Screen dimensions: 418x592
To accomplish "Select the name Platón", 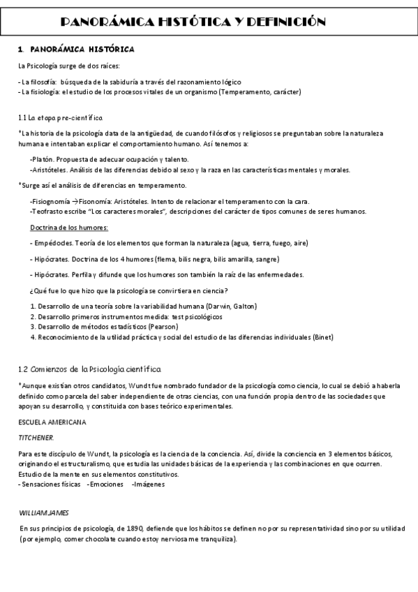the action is click(43, 160).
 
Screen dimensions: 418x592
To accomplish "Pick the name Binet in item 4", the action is click(322, 337).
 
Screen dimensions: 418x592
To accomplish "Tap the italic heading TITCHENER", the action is click(36, 437).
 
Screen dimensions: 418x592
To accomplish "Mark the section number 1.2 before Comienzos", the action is click(22, 368).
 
